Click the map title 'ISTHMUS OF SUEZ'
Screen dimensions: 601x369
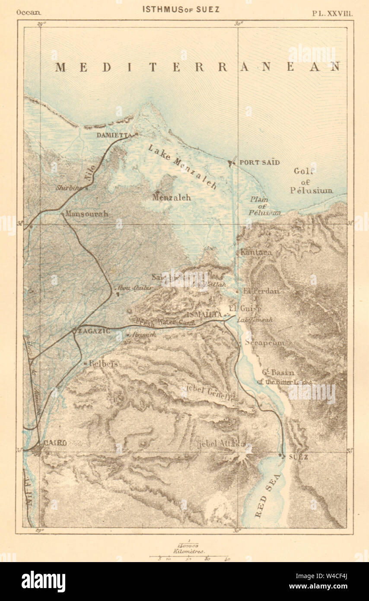[x=181, y=9]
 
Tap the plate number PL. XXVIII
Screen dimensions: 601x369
[x=332, y=13]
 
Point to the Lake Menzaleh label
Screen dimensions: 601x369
[x=182, y=166]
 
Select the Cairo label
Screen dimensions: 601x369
[x=55, y=443]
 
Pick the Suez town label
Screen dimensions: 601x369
[x=298, y=457]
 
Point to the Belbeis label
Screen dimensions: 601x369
[x=103, y=364]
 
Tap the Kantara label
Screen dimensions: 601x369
[x=256, y=252]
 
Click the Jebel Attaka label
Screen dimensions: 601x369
[x=220, y=444]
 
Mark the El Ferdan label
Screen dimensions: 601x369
[x=261, y=291]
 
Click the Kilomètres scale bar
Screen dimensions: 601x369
[x=189, y=556]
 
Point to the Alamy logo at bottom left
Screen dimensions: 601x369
[x=44, y=581]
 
